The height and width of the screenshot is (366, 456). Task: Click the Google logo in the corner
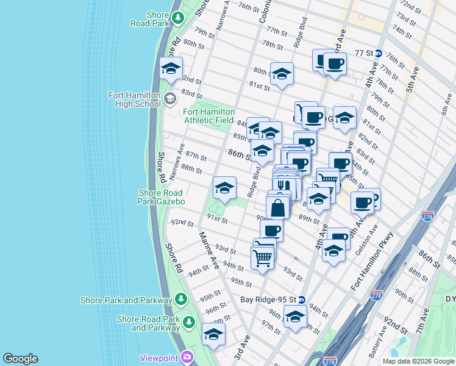[20, 359]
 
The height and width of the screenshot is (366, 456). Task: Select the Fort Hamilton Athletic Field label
[209, 116]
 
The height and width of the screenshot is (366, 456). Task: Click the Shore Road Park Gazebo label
[162, 197]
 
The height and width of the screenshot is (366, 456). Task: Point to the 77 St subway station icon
[378, 53]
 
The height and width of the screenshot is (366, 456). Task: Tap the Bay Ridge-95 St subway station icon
[302, 300]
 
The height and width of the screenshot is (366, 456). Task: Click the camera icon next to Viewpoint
[187, 357]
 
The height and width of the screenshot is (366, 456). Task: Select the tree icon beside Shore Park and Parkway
[181, 300]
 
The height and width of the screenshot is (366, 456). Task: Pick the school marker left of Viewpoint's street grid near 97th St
[213, 334]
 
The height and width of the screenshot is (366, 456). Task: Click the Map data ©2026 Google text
[418, 361]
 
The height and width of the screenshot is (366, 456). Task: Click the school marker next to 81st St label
[282, 74]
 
